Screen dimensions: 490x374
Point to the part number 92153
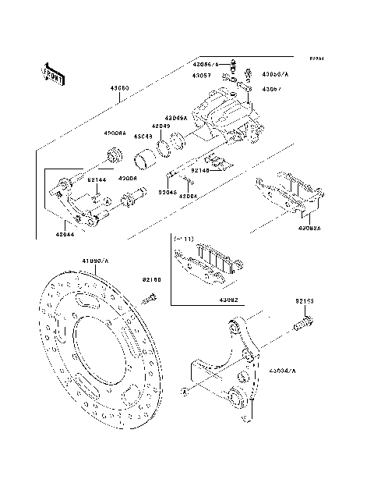click(x=304, y=300)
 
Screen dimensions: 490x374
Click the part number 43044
click(x=65, y=233)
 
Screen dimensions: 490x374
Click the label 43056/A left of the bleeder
click(x=207, y=62)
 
